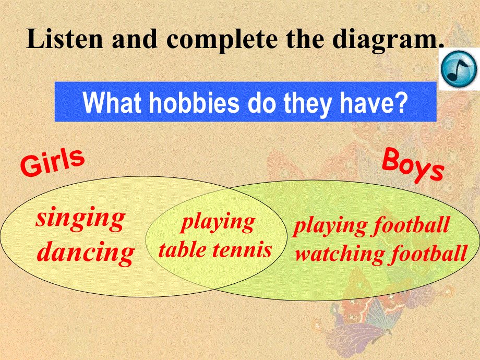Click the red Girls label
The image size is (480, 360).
(x=52, y=162)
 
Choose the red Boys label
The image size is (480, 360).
(x=413, y=164)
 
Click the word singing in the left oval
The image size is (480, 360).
(x=80, y=218)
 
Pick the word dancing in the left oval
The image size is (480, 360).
(x=87, y=253)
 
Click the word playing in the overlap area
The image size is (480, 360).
(x=218, y=223)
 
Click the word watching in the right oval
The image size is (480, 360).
(x=340, y=254)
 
